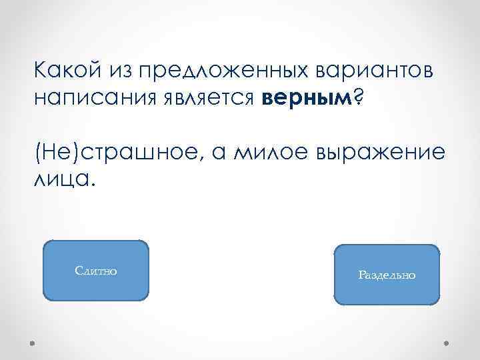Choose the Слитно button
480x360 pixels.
coord(95,271)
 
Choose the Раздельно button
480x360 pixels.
coord(387,275)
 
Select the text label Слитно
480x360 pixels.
coord(96,271)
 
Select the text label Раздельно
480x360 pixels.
coord(387,275)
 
